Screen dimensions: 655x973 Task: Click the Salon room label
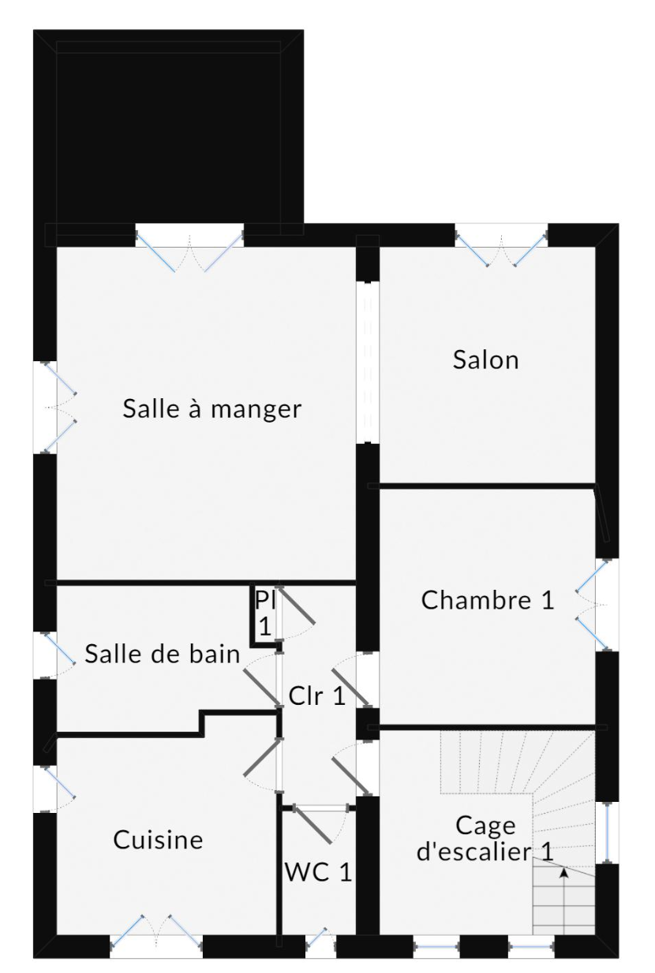pyautogui.click(x=486, y=360)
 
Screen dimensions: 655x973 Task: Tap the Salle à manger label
pyautogui.click(x=212, y=408)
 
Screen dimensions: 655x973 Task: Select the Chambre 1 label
pyautogui.click(x=488, y=600)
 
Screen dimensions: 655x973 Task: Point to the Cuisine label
pyautogui.click(x=158, y=840)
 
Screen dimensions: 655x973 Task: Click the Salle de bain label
pyautogui.click(x=162, y=654)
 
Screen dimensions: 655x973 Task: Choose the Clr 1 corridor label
pyautogui.click(x=317, y=696)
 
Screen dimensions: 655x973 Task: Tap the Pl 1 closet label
pyautogui.click(x=265, y=613)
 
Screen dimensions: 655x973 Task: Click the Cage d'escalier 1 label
pyautogui.click(x=485, y=838)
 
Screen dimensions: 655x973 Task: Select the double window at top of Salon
pyautogui.click(x=501, y=251)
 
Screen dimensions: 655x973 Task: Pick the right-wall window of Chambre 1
pyautogui.click(x=592, y=605)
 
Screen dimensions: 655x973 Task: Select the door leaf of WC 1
pyautogui.click(x=313, y=826)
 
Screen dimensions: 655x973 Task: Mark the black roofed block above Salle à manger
pyautogui.click(x=169, y=132)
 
